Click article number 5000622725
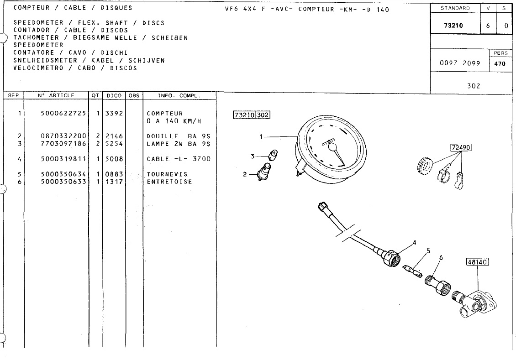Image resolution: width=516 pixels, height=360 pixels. pos(63,113)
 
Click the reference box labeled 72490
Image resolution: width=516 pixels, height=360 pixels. pos(461,147)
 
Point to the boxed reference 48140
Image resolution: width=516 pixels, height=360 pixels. pos(477,262)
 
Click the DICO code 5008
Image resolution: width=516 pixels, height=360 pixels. pos(114,159)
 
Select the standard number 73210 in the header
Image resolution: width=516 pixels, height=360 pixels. pos(453,26)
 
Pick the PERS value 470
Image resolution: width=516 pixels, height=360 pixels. pos(500,64)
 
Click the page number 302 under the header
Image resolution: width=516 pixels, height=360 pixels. pos(474,85)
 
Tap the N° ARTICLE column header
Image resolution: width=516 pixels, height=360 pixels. pos(56,95)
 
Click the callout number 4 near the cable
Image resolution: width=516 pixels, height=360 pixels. pos(415,243)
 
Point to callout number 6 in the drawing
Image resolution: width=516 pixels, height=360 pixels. pos(441,258)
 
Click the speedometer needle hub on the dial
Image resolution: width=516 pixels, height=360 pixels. pos(332,147)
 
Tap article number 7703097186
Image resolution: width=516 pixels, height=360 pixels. pos(63,144)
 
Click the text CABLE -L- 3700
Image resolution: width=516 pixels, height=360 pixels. pos(179,159)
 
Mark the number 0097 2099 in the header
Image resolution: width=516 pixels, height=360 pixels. pos(460,63)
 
